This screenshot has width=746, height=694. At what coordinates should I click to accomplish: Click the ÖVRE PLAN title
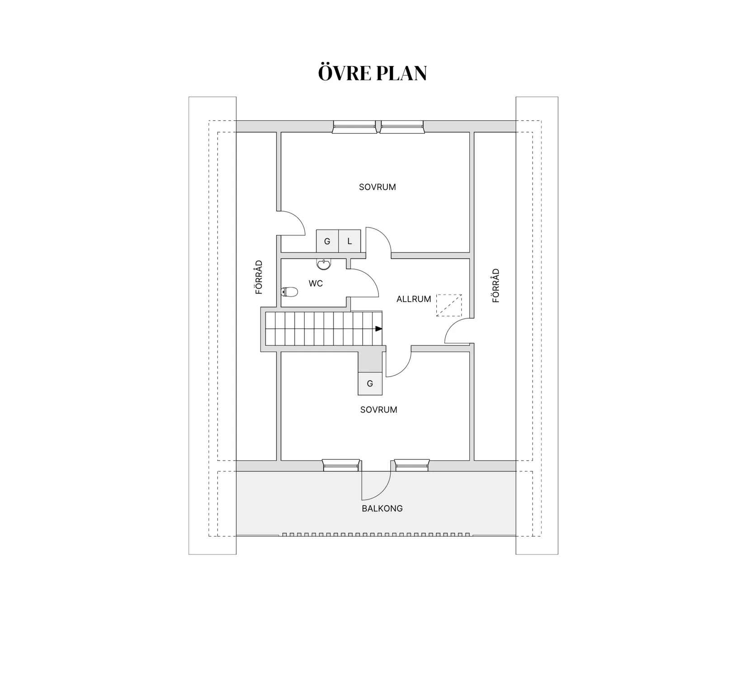click(373, 73)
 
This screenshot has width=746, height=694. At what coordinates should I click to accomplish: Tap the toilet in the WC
click(289, 292)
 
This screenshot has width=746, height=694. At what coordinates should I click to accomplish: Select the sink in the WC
click(323, 264)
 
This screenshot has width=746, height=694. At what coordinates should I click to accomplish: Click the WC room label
click(316, 283)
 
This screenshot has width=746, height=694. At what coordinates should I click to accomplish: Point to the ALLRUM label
click(414, 299)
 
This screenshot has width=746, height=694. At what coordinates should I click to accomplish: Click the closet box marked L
click(349, 241)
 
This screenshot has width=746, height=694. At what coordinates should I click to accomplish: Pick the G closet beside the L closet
click(327, 241)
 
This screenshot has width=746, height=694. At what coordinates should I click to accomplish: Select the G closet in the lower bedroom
click(370, 384)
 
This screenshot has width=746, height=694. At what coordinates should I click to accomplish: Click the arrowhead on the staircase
click(379, 329)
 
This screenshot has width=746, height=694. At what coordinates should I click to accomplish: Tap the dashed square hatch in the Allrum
click(449, 305)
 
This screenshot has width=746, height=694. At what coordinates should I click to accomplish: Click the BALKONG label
click(382, 508)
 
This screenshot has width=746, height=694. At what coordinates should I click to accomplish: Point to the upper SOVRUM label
click(378, 187)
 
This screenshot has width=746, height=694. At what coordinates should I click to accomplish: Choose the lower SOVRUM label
click(379, 410)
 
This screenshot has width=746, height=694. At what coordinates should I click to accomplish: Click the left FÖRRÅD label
click(259, 277)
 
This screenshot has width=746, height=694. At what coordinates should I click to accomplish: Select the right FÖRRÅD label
click(496, 286)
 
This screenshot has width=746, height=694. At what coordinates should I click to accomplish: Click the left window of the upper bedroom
click(354, 127)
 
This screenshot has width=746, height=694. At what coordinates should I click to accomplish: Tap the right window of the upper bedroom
click(402, 127)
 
